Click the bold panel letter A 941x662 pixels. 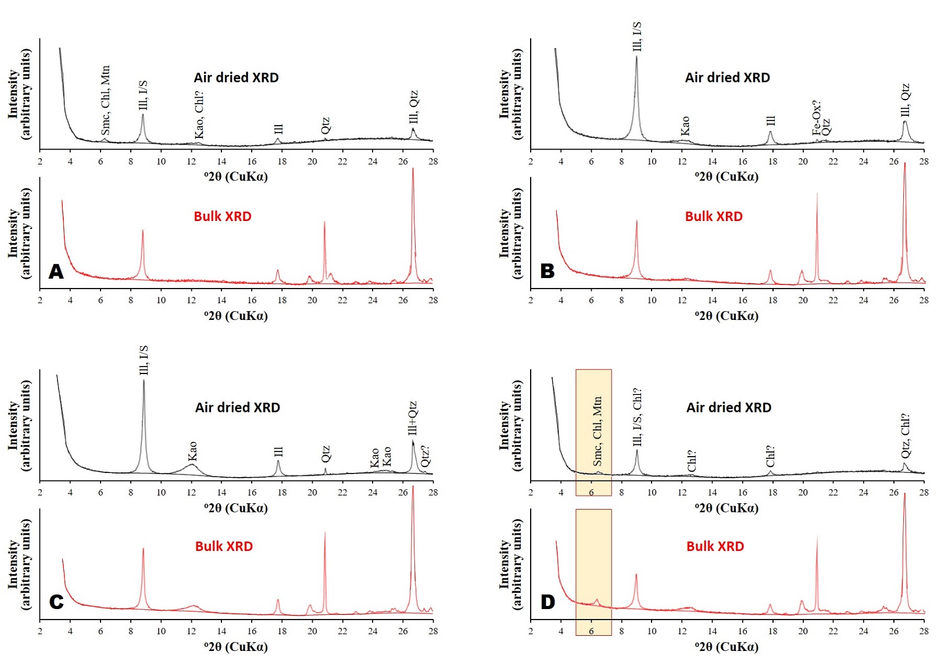pos(56,272)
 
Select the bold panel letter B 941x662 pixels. pos(547,271)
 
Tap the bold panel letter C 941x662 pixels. pos(56,602)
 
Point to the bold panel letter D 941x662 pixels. pos(548,602)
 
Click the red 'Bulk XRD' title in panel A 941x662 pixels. pos(223,216)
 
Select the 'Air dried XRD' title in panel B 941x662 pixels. pos(727,78)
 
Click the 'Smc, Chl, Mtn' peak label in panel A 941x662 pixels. pos(105,99)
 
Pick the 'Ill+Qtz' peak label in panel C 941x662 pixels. pos(413,418)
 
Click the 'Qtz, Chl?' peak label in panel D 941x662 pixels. pos(905,436)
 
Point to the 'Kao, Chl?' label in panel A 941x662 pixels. pos(199,115)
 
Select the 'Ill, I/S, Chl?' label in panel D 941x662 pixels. pos(637,417)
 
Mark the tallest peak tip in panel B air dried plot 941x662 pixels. pos(636,56)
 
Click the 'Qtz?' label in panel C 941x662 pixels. pos(425,456)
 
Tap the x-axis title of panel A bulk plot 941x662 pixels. pos(236,316)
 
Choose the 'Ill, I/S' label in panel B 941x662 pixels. pos(637,37)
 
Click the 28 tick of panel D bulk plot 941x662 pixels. pos(924,631)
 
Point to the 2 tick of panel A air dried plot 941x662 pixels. pos(40,162)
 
